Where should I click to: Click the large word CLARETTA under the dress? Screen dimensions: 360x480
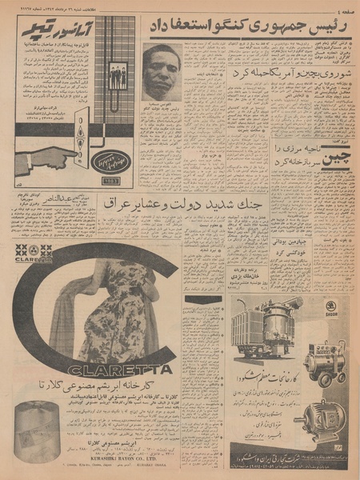120,369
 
